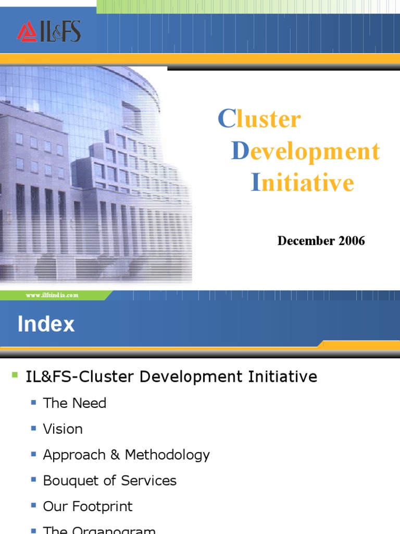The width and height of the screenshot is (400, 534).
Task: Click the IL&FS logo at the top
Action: [48, 31]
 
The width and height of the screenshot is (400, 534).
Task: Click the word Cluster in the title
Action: [259, 119]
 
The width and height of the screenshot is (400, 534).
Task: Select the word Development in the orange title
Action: [306, 151]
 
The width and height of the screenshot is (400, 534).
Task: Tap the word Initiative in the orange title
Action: [303, 183]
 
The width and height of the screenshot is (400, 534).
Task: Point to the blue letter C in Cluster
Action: [227, 119]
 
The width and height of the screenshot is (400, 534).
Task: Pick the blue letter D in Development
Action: [240, 151]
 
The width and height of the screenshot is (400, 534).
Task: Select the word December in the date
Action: [304, 241]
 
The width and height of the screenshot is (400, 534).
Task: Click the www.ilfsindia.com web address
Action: [52, 295]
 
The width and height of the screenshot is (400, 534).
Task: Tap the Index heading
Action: [46, 324]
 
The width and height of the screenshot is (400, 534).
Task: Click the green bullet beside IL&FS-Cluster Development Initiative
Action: [15, 374]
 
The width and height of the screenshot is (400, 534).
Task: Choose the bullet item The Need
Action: [74, 403]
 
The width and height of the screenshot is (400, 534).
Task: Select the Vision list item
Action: [63, 429]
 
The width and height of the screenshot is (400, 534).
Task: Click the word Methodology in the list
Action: [167, 455]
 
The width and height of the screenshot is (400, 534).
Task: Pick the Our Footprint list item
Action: [87, 506]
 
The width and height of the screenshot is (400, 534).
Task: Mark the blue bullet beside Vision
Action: [34, 429]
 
